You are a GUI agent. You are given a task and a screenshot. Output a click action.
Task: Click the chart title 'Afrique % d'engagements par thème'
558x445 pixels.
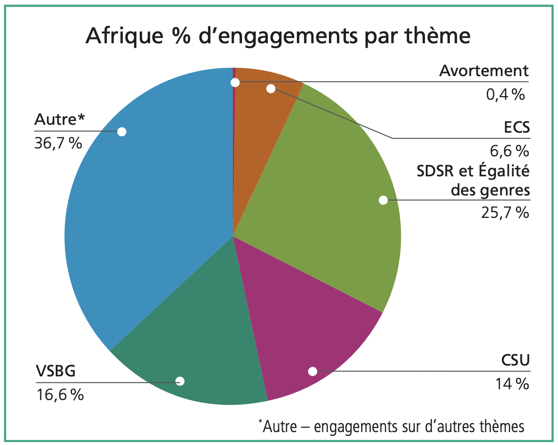click(x=278, y=36)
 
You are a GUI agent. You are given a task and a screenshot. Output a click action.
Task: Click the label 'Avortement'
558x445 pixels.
click(x=484, y=71)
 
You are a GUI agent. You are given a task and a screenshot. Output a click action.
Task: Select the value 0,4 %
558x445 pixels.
click(x=505, y=95)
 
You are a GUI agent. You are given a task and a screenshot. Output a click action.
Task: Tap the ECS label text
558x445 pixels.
click(x=517, y=127)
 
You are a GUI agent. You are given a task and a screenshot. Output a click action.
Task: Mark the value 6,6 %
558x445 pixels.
click(x=509, y=151)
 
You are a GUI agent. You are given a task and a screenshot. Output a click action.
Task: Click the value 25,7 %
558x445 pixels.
click(x=505, y=213)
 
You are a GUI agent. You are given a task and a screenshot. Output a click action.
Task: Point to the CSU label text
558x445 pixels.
click(x=515, y=360)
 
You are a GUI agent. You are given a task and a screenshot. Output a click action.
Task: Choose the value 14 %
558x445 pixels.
click(x=511, y=383)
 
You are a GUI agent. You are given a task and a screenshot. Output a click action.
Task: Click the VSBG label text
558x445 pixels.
click(x=56, y=371)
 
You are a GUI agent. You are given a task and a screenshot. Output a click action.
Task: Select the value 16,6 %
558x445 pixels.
click(x=60, y=394)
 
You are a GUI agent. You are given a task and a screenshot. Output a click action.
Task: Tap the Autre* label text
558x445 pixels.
click(x=59, y=119)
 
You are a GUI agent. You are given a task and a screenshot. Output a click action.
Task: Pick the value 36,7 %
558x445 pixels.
click(x=58, y=143)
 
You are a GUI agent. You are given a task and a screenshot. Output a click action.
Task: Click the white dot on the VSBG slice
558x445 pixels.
click(x=180, y=381)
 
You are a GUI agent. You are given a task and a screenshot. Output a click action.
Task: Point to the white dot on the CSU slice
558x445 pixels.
click(x=313, y=371)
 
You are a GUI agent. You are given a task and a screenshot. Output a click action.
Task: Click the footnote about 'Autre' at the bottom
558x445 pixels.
click(x=391, y=427)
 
